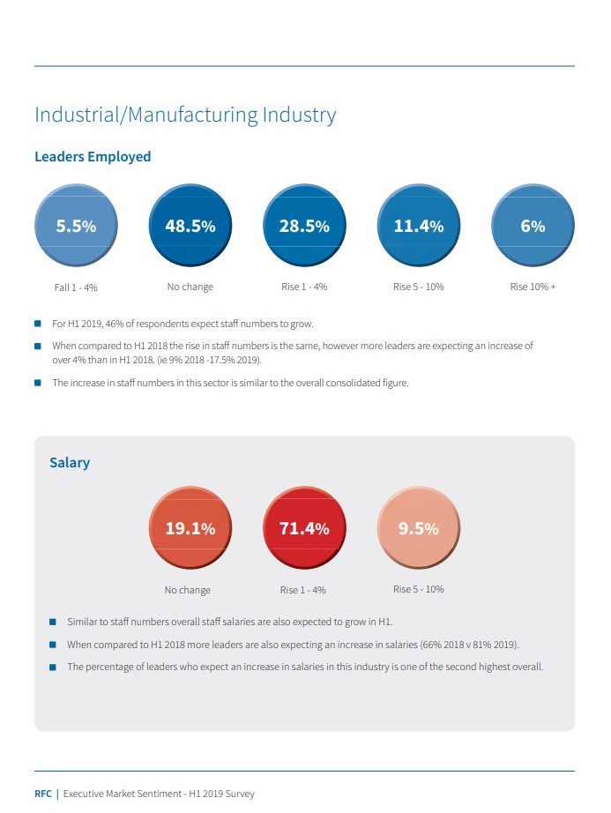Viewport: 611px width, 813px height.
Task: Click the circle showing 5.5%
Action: [76, 226]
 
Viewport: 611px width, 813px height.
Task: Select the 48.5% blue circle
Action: [190, 226]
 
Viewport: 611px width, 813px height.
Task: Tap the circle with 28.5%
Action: [304, 226]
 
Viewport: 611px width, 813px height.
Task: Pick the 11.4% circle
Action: [419, 226]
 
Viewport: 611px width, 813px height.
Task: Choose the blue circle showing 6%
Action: [533, 226]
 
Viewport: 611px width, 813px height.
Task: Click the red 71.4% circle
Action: [304, 528]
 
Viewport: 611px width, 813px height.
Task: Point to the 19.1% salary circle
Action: [190, 528]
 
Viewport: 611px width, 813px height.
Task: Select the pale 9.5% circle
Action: [418, 528]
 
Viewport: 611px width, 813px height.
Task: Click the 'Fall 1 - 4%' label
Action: [76, 287]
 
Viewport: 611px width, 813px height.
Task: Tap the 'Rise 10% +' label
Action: [533, 287]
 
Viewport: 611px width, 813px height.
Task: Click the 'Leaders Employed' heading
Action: [93, 157]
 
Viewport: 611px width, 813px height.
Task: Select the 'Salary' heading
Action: [70, 462]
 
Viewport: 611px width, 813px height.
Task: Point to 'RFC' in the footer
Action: [43, 794]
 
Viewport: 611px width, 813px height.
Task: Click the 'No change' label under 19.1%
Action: [187, 590]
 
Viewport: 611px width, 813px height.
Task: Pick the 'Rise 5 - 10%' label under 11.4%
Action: [418, 287]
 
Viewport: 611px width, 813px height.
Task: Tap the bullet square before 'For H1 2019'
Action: [38, 324]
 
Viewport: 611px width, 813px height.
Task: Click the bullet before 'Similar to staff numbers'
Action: [53, 622]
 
